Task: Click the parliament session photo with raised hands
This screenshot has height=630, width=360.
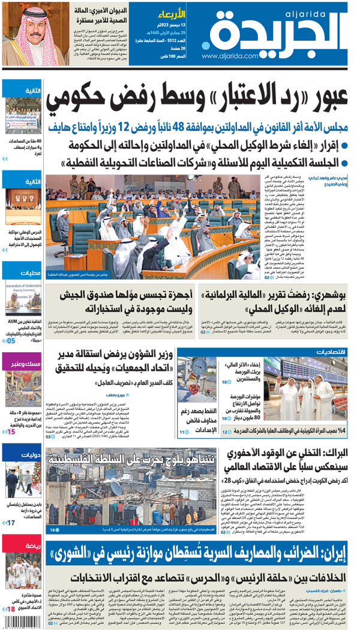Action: pyautogui.click(x=154, y=222)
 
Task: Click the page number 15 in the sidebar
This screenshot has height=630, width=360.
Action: pyautogui.click(x=11, y=431)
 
